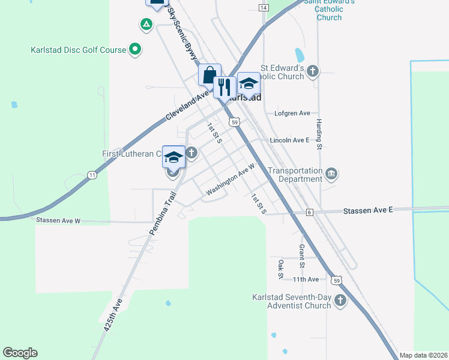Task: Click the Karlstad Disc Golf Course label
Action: pyautogui.click(x=78, y=50)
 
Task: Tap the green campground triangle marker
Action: pyautogui.click(x=145, y=25)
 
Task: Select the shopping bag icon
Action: pyautogui.click(x=209, y=76)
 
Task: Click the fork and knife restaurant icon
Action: pyautogui.click(x=224, y=86)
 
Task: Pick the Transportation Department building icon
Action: pyautogui.click(x=331, y=175)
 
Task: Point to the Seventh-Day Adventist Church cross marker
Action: pyautogui.click(x=340, y=301)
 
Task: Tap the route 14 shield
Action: pyautogui.click(x=264, y=7)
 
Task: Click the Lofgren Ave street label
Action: pyautogui.click(x=292, y=113)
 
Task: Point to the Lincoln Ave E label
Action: pyautogui.click(x=289, y=140)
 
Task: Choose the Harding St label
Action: pyautogui.click(x=319, y=133)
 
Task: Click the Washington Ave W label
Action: pyautogui.click(x=231, y=179)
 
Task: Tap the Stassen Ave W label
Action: pyautogui.click(x=58, y=220)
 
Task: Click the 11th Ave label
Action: pyautogui.click(x=306, y=280)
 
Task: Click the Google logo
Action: pyautogui.click(x=20, y=353)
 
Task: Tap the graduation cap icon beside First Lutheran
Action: pyautogui.click(x=173, y=157)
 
